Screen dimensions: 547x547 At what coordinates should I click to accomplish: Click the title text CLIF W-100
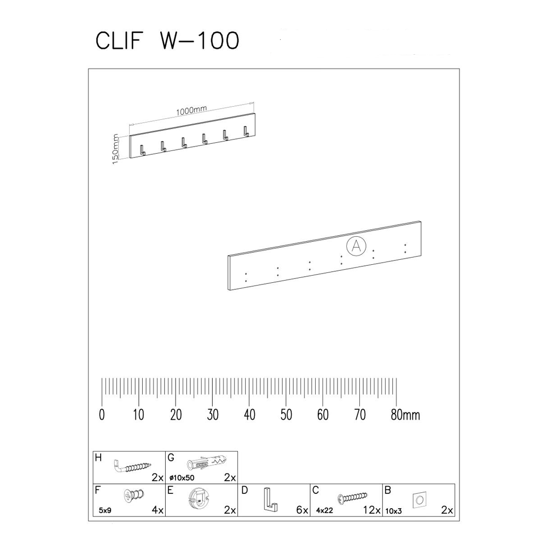[x=167, y=41]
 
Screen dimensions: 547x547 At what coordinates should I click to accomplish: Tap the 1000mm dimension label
[x=190, y=110]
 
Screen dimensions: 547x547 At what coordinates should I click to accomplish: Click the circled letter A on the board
[x=356, y=246]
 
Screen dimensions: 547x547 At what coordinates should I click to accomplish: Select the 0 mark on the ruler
[x=102, y=415]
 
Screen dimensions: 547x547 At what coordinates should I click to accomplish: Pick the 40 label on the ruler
[x=249, y=415]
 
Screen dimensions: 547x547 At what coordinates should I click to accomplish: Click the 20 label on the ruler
[x=176, y=415]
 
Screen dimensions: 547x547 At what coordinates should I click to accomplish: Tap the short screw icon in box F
[x=133, y=497]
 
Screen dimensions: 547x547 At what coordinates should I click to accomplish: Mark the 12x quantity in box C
[x=371, y=510]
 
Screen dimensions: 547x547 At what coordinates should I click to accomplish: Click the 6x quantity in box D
[x=301, y=510]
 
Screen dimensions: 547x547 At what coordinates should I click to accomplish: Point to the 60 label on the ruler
[x=323, y=415]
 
